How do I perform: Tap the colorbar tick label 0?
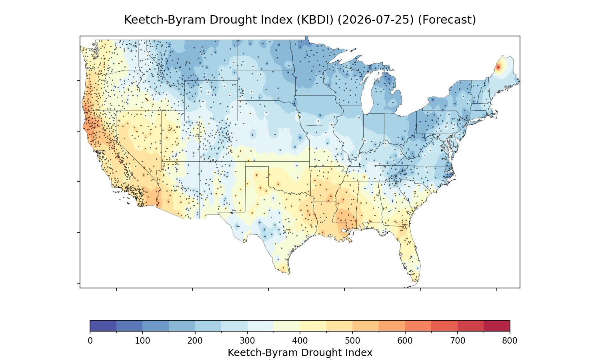click(90, 341)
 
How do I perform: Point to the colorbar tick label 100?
click(142, 341)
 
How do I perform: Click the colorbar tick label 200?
click(195, 341)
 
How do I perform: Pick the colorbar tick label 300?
click(248, 341)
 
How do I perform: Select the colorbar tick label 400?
click(300, 341)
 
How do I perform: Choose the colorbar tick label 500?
click(352, 341)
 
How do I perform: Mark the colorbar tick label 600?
click(405, 341)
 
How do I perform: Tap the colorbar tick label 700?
click(458, 341)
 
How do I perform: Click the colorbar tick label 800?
click(510, 341)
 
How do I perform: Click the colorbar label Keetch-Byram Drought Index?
click(300, 353)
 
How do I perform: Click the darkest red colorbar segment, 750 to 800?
click(497, 326)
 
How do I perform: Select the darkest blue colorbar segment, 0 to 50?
click(103, 326)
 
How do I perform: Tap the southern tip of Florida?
click(415, 282)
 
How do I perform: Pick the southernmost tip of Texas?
click(289, 274)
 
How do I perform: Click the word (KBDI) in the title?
click(315, 20)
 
